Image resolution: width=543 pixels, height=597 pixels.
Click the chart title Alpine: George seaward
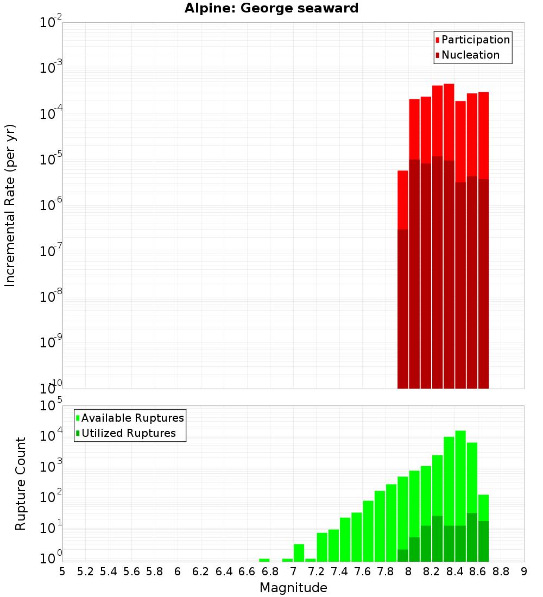pos(271,8)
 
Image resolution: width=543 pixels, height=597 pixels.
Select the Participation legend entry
pos(475,40)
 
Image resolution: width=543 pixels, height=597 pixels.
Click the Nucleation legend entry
pos(470,55)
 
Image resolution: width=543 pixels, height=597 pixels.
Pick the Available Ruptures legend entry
pos(132,418)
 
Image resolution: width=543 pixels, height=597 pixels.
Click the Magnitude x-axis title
pos(293,588)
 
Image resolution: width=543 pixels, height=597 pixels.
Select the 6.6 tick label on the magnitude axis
pos(247,571)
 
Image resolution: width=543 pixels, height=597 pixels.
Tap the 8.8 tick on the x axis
pos(501,571)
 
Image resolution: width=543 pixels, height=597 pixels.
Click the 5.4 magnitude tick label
pos(109,571)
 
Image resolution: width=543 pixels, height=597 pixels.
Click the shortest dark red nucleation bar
pos(403,309)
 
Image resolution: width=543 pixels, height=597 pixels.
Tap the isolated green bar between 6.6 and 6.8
pos(264,560)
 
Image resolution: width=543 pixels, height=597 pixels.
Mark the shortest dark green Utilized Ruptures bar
pos(403,556)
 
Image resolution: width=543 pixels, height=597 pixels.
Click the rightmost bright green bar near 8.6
pos(484,507)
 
